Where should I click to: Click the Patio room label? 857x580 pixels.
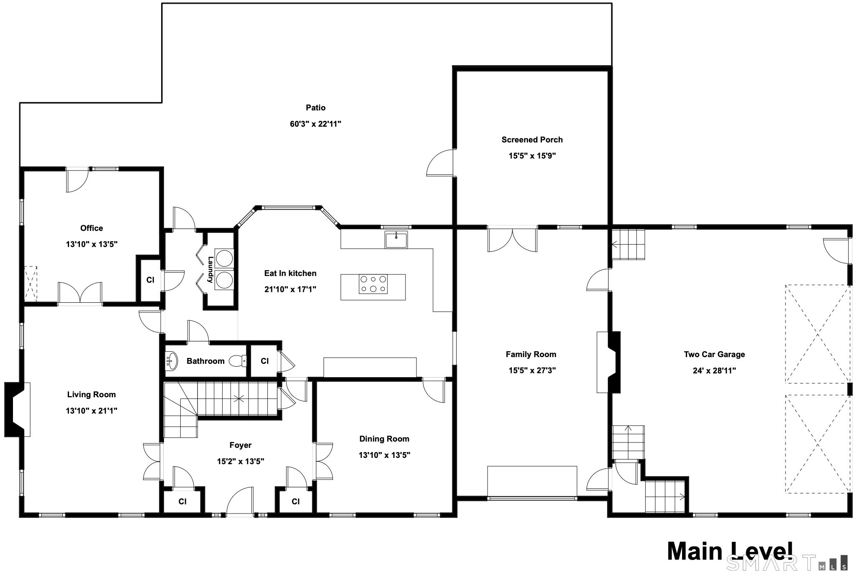click(315, 107)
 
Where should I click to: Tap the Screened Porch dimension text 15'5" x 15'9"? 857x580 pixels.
click(532, 156)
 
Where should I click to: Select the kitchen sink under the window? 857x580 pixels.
click(396, 240)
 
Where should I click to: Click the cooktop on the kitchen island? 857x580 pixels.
click(373, 284)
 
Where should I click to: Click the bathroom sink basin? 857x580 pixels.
click(172, 361)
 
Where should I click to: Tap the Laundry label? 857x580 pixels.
click(210, 270)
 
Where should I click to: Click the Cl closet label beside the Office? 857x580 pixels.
click(150, 280)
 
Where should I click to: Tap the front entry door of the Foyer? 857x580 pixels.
click(240, 502)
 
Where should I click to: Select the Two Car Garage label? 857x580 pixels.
click(714, 354)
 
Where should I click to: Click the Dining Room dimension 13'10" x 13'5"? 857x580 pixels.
click(384, 455)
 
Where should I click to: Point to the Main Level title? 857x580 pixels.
click(729, 552)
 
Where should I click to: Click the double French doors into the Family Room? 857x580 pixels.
click(512, 240)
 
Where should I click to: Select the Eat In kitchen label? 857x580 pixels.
click(290, 273)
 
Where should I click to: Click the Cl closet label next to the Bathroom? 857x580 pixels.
click(264, 361)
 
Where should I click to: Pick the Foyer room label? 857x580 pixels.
click(240, 445)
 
